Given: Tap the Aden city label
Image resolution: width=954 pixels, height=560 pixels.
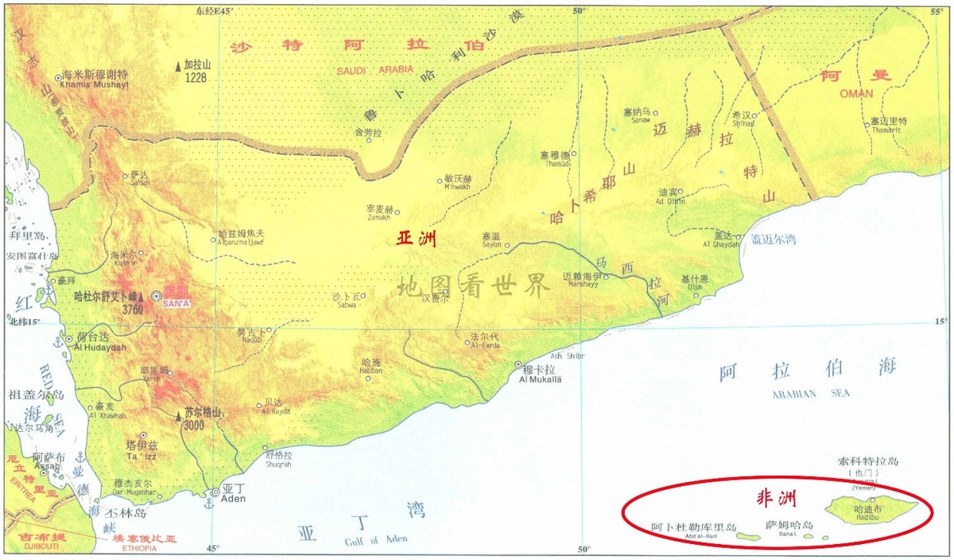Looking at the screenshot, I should point(234,499).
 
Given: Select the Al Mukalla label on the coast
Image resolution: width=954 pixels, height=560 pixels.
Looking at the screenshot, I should point(540,380).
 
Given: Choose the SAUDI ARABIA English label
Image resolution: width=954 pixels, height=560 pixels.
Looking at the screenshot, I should point(374,70).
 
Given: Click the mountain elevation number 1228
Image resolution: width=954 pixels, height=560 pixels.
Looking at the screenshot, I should point(194,78).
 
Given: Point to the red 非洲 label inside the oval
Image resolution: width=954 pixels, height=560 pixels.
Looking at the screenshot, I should point(776,499).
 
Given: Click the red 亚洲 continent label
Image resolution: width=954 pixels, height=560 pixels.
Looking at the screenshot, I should point(417,239).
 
